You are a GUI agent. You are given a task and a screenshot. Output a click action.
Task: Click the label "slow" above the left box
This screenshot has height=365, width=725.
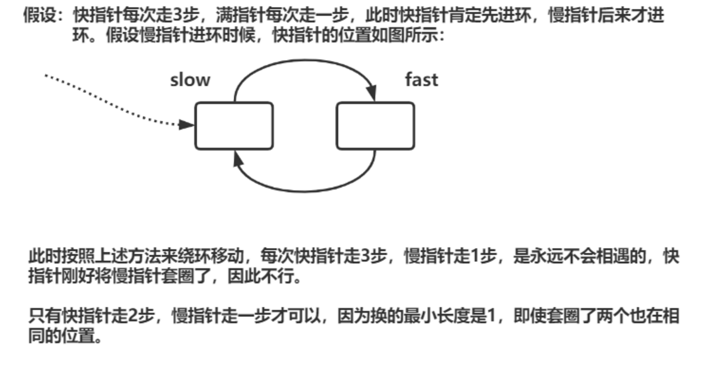coord(190,80)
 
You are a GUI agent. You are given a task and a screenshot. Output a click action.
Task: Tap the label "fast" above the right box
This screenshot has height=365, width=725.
coord(421,80)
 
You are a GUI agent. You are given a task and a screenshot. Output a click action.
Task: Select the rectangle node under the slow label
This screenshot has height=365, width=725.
coord(234,126)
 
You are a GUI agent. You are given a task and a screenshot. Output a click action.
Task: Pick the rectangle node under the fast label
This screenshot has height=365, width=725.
coord(375,126)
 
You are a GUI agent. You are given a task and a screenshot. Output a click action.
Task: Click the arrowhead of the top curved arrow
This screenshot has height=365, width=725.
coord(372,92)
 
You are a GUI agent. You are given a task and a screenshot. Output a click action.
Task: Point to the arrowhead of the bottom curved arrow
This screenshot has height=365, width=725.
coord(238,159)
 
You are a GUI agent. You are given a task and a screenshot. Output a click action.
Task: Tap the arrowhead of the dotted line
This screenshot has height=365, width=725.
coord(186,125)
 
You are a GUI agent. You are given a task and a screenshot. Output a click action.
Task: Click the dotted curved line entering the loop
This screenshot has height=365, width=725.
coord(114,101)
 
